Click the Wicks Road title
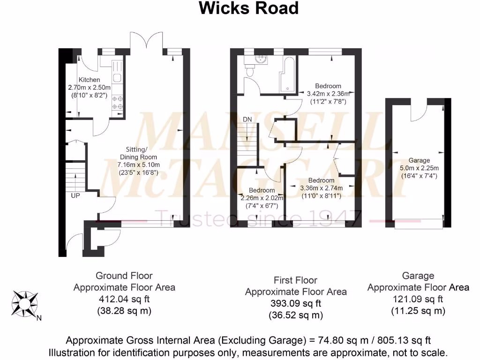pos(248,8)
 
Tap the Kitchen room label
pos(89,80)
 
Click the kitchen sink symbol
pos(117,78)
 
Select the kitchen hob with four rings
pos(117,103)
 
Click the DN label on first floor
pos(247,120)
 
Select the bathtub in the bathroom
pos(287,75)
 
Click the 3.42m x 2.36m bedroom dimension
pos(328,93)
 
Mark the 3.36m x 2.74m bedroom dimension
pos(322,188)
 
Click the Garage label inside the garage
pos(419,160)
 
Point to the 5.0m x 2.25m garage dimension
pos(419,168)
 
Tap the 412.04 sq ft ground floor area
pos(124,299)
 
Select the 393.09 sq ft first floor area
pos(295,303)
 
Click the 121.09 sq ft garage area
pos(418,299)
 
